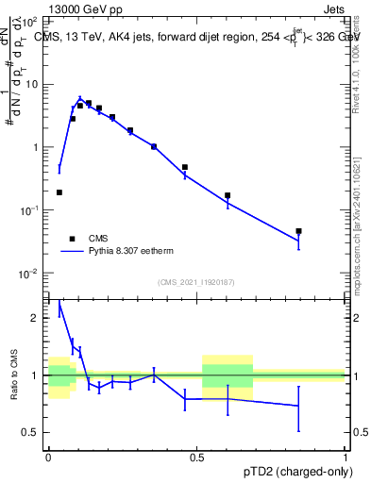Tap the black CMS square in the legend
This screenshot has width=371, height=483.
tap(73, 239)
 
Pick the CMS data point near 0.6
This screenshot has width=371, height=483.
tap(228, 195)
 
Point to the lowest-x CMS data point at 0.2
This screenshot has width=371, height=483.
tap(59, 192)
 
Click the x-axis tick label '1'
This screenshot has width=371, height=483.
tap(346, 458)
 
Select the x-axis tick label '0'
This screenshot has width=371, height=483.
tap(48, 458)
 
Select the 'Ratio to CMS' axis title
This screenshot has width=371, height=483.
tap(13, 375)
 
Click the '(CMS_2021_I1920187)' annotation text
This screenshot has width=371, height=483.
tap(195, 282)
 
